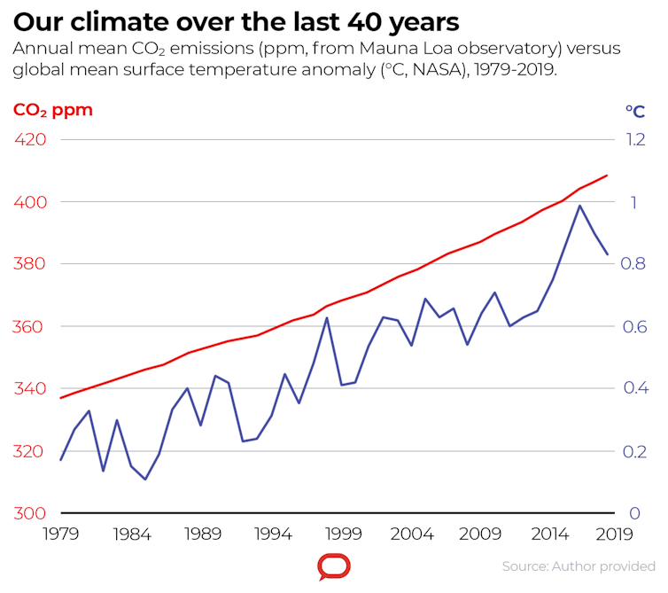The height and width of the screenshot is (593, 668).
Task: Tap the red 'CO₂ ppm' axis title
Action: click(x=52, y=111)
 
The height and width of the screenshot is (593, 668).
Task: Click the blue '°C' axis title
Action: click(x=634, y=112)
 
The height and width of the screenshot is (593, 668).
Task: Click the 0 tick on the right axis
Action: click(x=633, y=513)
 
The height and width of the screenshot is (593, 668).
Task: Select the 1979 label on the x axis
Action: click(x=61, y=534)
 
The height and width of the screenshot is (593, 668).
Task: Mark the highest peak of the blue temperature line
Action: click(x=579, y=206)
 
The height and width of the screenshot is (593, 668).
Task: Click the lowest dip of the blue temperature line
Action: click(x=145, y=480)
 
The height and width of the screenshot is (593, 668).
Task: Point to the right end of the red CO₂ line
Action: click(x=607, y=176)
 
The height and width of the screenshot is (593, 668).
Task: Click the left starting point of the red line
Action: click(x=61, y=398)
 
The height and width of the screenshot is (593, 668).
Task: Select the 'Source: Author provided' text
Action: click(x=579, y=566)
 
